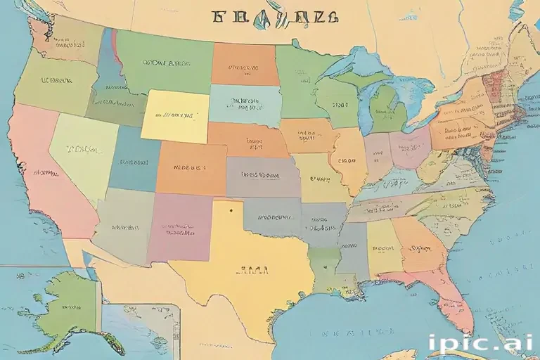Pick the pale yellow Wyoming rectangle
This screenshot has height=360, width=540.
click(x=176, y=116)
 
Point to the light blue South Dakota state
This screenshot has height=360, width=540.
click(x=243, y=104)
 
